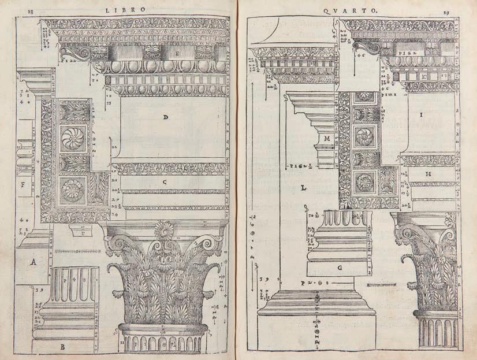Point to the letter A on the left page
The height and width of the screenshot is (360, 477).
34,262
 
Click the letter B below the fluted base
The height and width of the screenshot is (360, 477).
62,347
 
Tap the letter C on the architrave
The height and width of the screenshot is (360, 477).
165,181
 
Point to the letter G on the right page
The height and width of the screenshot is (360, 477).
340,268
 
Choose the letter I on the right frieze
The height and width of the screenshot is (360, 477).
421,115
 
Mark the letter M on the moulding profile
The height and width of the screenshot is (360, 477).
326,139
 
